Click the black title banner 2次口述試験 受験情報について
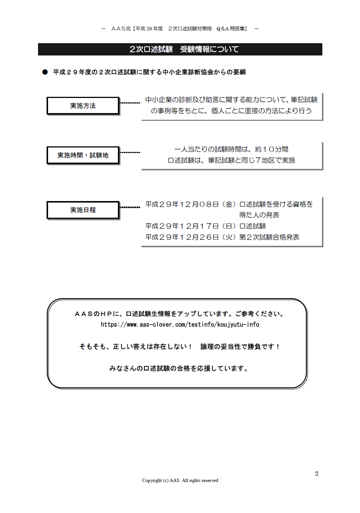(180, 49)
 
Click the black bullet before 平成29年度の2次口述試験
(45, 72)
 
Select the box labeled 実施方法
(83, 106)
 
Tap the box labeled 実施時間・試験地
(83, 155)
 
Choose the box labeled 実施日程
(83, 210)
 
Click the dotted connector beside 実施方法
(130, 103)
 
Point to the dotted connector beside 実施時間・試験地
(130, 153)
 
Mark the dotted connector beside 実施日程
(130, 207)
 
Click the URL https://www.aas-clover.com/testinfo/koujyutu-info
(180, 325)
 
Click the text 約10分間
(272, 149)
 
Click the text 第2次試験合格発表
(269, 237)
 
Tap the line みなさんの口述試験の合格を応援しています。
(179, 368)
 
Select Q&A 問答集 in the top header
(232, 28)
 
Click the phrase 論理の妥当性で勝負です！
(240, 347)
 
